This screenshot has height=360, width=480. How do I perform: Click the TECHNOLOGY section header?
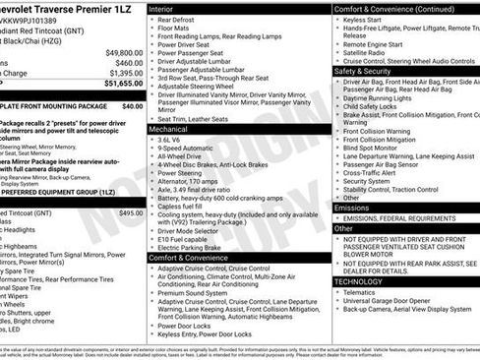click(358, 281)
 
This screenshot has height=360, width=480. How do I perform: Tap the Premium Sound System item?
click(198, 293)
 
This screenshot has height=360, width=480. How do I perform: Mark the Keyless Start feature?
click(363, 20)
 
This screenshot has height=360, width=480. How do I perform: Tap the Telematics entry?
click(362, 291)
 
